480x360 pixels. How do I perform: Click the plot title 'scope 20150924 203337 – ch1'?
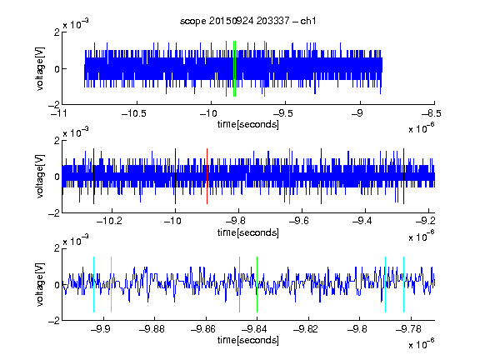pyautogui.click(x=247, y=21)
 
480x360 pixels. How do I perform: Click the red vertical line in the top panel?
pyautogui.click(x=226, y=68)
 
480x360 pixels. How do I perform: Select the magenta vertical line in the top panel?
pyautogui.click(x=264, y=68)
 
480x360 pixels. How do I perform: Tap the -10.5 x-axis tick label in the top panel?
pyautogui.click(x=134, y=113)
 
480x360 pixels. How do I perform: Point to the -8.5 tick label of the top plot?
pyautogui.click(x=432, y=113)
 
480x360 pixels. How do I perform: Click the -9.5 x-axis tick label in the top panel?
pyautogui.click(x=282, y=113)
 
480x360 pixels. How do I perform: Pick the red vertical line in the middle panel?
pyautogui.click(x=207, y=177)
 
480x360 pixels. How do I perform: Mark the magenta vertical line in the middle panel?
pyautogui.click(x=290, y=177)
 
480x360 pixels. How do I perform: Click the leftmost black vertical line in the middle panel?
pyautogui.click(x=93, y=177)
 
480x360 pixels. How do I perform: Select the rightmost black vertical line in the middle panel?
pyautogui.click(x=404, y=177)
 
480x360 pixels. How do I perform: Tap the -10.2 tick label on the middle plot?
pyautogui.click(x=109, y=221)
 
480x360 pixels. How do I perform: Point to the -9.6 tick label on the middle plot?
pyautogui.click(x=299, y=221)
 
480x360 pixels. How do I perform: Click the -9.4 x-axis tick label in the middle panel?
pyautogui.click(x=362, y=221)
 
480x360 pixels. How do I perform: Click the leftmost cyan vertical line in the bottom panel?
pyautogui.click(x=93, y=285)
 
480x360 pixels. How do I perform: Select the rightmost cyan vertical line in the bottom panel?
pyautogui.click(x=404, y=285)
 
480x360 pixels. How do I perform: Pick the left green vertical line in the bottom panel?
pyautogui.click(x=239, y=285)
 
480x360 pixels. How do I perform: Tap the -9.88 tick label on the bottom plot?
pyautogui.click(x=152, y=329)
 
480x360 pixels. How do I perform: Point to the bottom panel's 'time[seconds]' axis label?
pyautogui.click(x=248, y=340)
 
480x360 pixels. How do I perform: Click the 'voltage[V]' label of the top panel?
pyautogui.click(x=40, y=68)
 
